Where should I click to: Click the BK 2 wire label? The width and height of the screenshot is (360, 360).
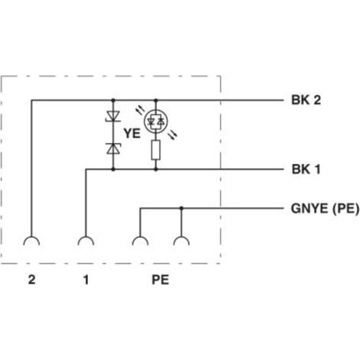point(306,100)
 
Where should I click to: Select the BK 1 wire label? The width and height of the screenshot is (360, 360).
point(306,169)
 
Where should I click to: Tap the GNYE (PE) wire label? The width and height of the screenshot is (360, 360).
point(325,208)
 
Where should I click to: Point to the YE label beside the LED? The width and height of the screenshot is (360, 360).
point(132,133)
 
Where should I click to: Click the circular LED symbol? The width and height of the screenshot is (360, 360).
point(155,122)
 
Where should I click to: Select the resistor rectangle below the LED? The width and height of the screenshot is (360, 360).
point(155,150)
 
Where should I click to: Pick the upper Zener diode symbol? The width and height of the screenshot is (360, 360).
point(113,116)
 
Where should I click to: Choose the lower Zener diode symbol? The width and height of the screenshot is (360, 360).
point(113,149)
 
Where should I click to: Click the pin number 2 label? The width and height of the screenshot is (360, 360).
point(31,280)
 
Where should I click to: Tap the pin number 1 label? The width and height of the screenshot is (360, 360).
point(86,280)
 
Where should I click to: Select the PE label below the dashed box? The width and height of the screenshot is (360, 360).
point(160,280)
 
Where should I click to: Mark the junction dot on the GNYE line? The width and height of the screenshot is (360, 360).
point(182,208)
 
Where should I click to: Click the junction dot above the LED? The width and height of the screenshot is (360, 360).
point(155,100)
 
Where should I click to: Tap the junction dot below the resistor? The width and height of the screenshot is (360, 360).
point(155,169)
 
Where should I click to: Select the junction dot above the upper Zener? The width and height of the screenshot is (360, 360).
point(113,100)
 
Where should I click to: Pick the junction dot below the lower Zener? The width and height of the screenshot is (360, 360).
point(113,169)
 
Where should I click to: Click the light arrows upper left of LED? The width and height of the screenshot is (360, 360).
point(141,110)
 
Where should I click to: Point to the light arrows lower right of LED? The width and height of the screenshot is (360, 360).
point(173,135)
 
